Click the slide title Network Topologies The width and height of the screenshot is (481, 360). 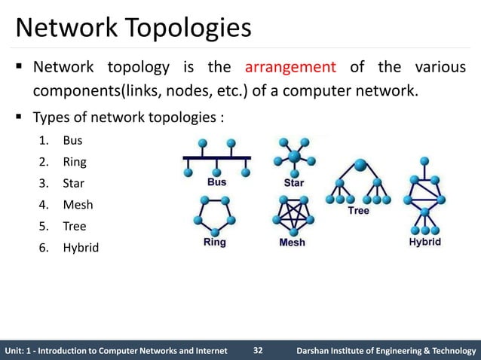pyautogui.click(x=133, y=29)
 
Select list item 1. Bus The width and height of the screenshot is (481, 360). pyautogui.click(x=66, y=141)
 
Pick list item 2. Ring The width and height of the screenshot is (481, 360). pyautogui.click(x=67, y=162)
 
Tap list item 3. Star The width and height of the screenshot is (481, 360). pyautogui.click(x=67, y=183)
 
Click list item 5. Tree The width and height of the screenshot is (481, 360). pyautogui.click(x=67, y=225)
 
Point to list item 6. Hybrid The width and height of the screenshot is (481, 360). pyautogui.click(x=72, y=247)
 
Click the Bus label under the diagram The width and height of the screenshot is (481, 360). pyautogui.click(x=216, y=182)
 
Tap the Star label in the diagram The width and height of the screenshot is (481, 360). pyautogui.click(x=293, y=182)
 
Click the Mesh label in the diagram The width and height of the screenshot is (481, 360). pyautogui.click(x=293, y=243)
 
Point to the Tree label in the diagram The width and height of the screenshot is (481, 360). pyautogui.click(x=358, y=211)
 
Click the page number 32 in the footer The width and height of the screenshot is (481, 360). pyautogui.click(x=258, y=349)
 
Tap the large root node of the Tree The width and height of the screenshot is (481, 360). pyautogui.click(x=360, y=164)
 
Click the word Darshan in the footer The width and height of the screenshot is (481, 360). pyautogui.click(x=316, y=349)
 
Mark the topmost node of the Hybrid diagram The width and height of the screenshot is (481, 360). pyautogui.click(x=425, y=160)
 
